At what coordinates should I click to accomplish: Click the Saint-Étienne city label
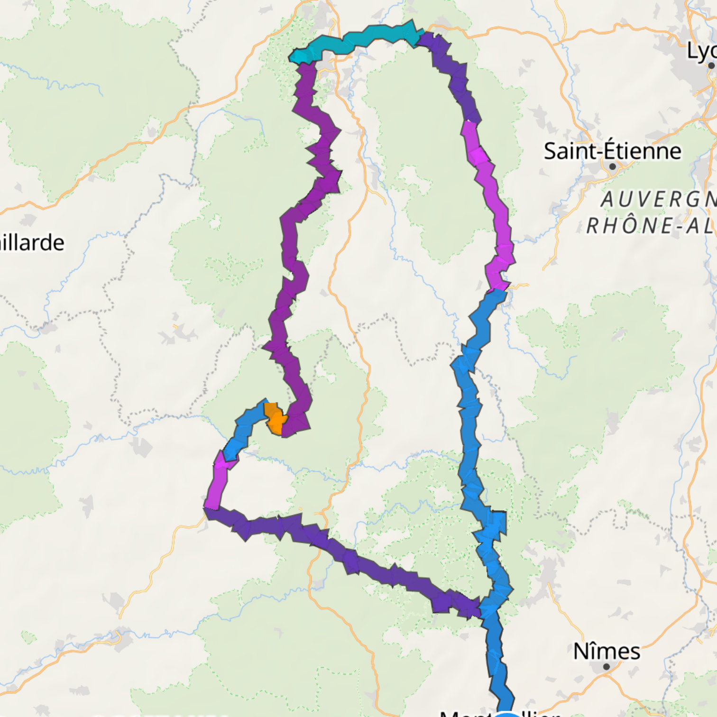(x=612, y=151)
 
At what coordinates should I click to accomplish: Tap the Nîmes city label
(x=607, y=651)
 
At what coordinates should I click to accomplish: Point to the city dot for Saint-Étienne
(x=613, y=166)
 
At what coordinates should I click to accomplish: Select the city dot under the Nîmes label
(x=607, y=667)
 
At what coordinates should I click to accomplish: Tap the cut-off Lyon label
(x=702, y=51)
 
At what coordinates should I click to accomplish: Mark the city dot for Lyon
(x=711, y=65)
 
